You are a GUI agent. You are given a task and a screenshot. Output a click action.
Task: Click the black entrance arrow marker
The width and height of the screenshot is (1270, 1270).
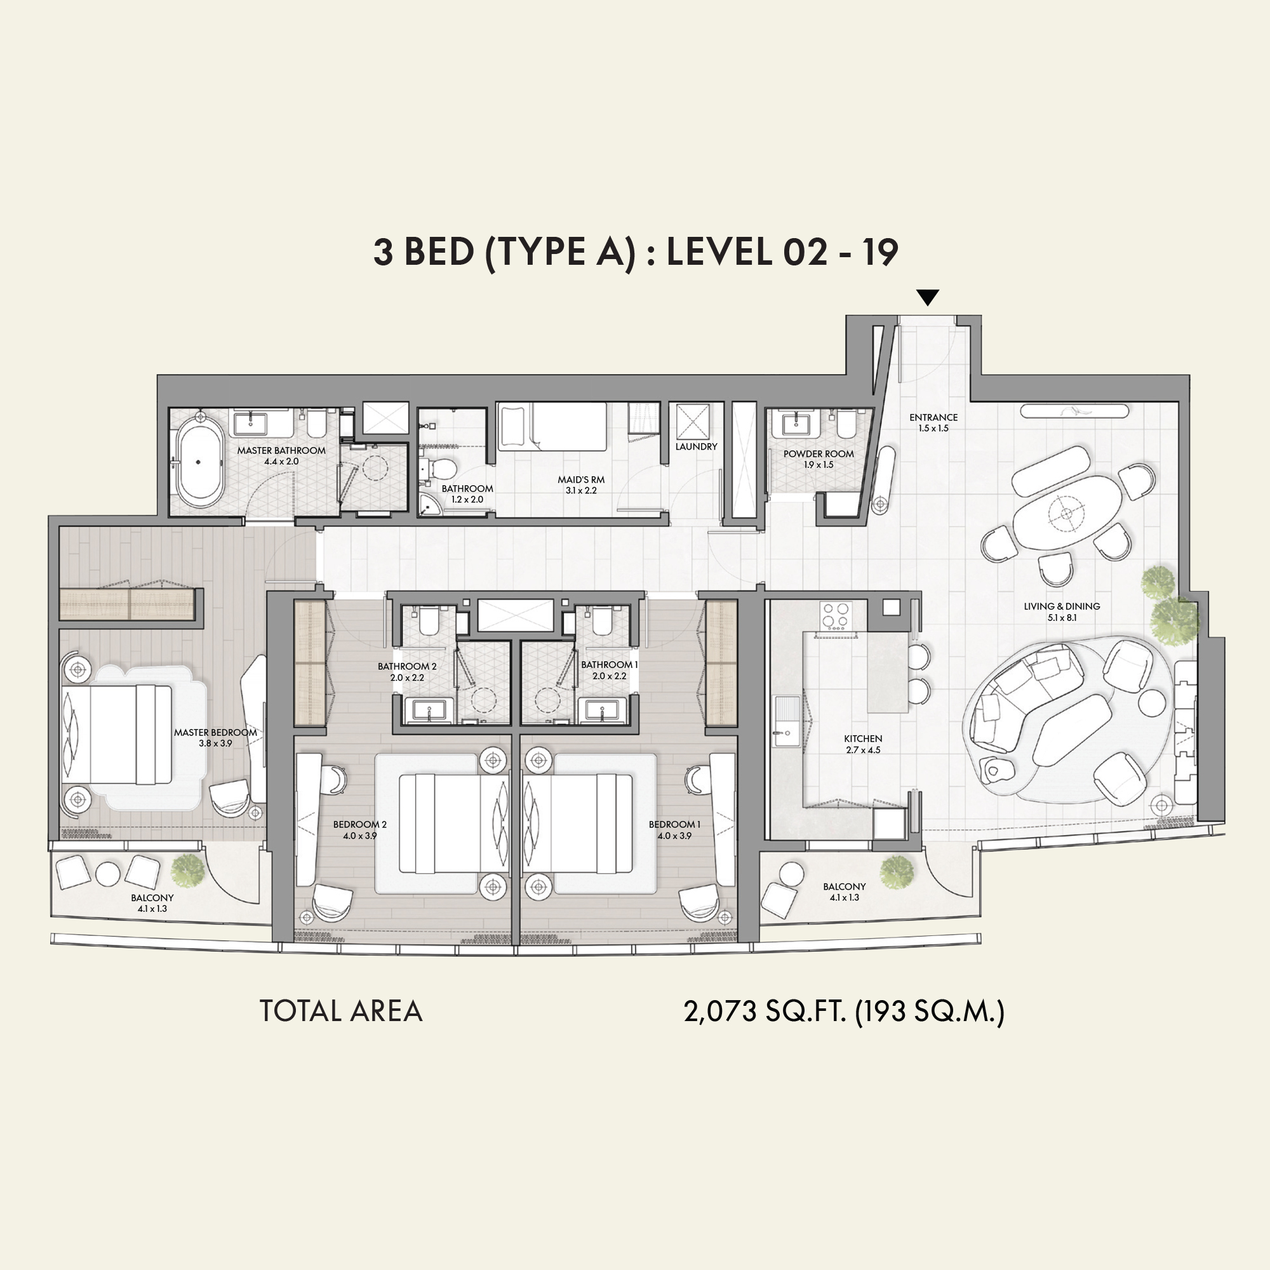[x=928, y=297]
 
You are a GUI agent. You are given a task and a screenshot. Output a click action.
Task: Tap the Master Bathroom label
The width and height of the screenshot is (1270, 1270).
[x=281, y=455]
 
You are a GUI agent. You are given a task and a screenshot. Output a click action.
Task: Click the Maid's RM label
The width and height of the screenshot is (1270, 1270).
[x=581, y=485]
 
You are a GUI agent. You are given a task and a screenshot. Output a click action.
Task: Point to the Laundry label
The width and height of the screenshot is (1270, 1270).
[x=696, y=446]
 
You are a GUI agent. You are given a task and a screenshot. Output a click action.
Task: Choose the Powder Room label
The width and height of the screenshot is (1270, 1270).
[x=819, y=459]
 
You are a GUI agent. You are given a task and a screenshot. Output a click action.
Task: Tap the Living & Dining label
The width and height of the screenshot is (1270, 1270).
[x=1062, y=612]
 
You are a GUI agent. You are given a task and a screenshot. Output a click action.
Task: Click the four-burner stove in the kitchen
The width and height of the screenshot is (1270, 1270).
[x=836, y=616]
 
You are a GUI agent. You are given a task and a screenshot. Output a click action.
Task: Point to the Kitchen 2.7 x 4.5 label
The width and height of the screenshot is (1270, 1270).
[x=863, y=744]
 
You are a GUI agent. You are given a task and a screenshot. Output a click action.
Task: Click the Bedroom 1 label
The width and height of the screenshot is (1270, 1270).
[x=674, y=829]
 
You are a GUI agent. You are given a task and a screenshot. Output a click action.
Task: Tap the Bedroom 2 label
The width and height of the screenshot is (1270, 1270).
[x=359, y=829]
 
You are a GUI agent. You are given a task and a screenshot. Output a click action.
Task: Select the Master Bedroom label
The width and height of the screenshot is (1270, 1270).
[x=216, y=737]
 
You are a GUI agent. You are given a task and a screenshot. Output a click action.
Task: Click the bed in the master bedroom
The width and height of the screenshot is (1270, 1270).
[x=117, y=735]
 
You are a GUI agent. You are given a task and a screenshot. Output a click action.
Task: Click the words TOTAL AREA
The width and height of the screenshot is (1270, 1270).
[x=340, y=1011]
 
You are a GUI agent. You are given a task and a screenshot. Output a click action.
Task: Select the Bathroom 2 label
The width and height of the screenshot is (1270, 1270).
[x=407, y=672]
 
